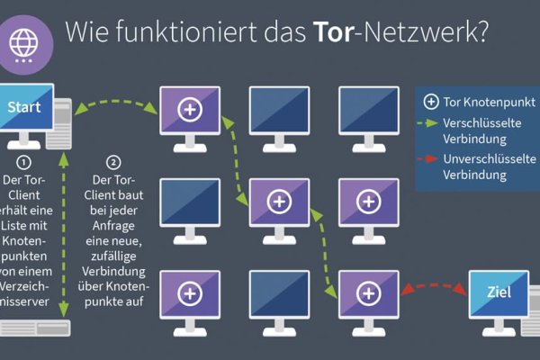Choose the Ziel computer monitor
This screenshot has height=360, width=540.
tap(498, 292)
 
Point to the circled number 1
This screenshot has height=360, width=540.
tap(25, 163)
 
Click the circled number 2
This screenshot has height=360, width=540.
tap(112, 163)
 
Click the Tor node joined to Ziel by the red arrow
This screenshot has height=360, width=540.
tap(367, 292)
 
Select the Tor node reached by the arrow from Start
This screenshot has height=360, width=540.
tap(189, 109)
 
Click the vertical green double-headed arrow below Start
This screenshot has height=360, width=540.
tap(64, 234)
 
